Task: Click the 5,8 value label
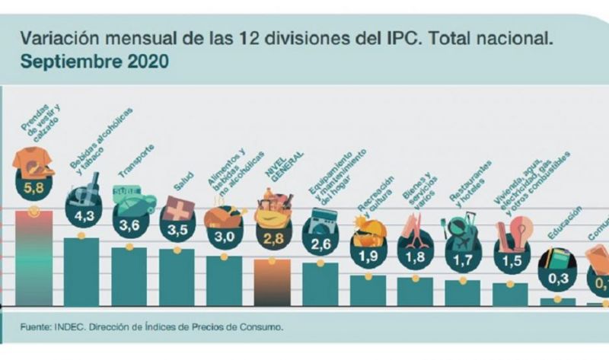tap(33, 186)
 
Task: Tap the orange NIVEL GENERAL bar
tap(271, 282)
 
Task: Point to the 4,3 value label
tap(82, 215)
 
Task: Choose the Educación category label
tap(564, 224)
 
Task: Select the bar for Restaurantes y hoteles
tap(462, 292)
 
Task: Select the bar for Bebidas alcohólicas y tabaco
tap(81, 271)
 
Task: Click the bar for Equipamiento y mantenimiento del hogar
tap(320, 283)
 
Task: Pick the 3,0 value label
tap(225, 236)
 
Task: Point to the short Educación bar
tap(558, 301)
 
